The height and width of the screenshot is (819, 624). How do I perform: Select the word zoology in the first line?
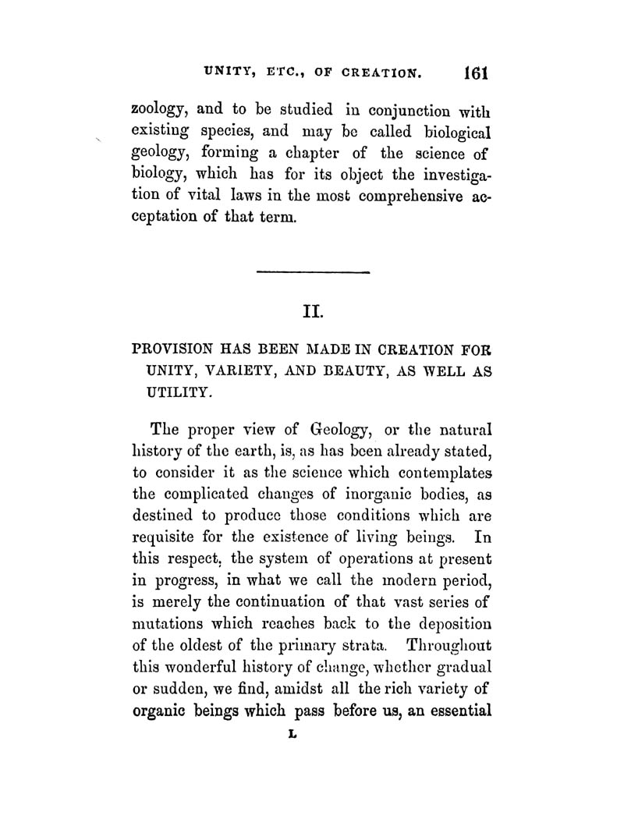(x=160, y=110)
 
